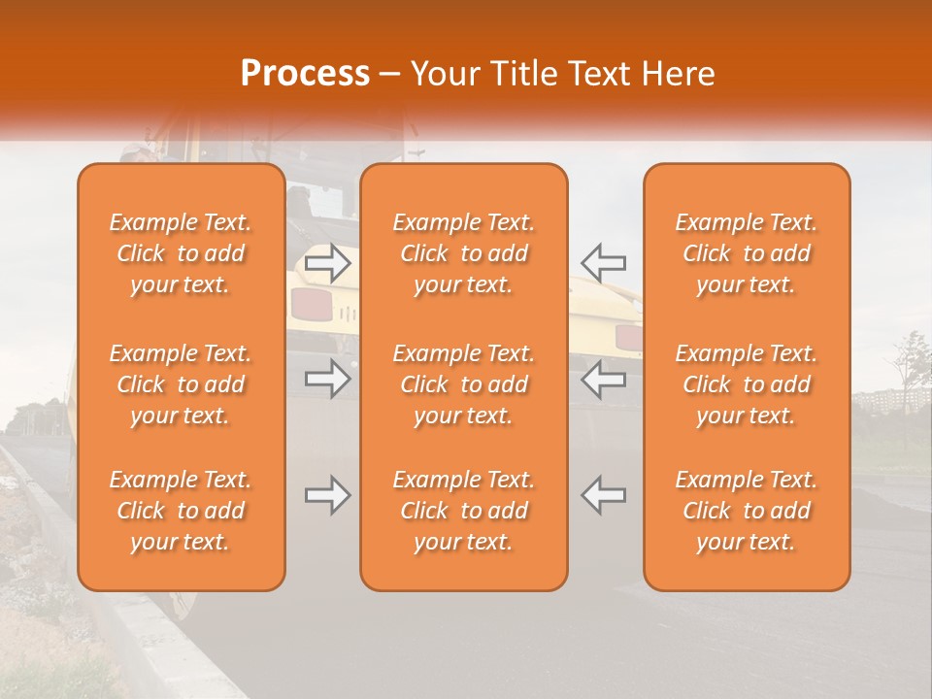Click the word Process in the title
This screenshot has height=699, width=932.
pos(305,74)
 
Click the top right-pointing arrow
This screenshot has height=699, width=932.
pos(328,263)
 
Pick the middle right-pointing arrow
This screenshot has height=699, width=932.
pos(328,379)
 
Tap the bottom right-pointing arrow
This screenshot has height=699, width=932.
pos(328,495)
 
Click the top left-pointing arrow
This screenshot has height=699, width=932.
pos(603,263)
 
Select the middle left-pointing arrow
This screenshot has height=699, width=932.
pos(603,379)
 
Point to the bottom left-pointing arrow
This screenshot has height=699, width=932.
pos(603,495)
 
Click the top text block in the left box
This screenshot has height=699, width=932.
pos(181,253)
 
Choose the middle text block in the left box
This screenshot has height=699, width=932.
pos(181,384)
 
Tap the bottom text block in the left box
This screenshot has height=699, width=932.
pos(181,511)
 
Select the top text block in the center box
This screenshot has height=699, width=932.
pos(463,253)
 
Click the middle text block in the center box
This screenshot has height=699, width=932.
pos(463,384)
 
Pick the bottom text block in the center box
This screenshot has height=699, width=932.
pos(463,511)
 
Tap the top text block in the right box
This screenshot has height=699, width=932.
pos(746,253)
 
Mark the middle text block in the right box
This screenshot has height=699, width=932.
pos(746,384)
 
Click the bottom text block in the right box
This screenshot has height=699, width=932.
pos(746,511)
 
